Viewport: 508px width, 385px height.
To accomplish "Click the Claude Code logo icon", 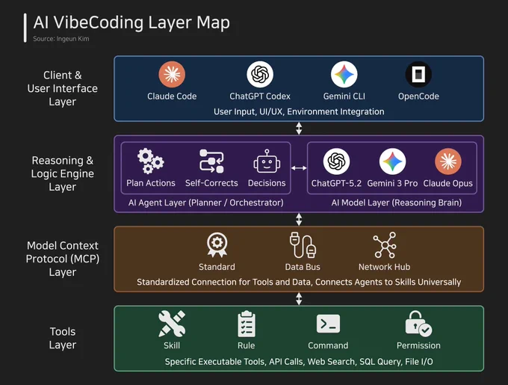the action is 172,74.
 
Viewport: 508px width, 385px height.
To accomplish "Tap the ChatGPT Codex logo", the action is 260,74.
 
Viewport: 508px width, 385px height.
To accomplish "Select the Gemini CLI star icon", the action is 344,74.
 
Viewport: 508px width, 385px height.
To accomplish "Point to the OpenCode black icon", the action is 418,74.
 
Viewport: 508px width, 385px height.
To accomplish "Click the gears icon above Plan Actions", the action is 150,161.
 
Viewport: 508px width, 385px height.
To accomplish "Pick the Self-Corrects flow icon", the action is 211,161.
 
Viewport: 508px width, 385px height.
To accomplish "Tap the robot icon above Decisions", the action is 267,161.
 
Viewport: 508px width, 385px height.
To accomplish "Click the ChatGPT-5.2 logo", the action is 336,161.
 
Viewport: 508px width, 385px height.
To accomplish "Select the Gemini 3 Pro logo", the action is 392,161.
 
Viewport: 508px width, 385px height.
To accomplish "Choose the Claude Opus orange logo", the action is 448,161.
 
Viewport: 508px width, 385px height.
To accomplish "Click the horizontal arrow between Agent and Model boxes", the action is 299,168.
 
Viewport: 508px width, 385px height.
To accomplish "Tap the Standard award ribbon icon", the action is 217,245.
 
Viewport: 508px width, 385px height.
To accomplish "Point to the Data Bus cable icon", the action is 303,245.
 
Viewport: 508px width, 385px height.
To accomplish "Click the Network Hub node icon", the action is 385,245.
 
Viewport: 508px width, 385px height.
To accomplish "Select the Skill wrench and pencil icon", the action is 172,324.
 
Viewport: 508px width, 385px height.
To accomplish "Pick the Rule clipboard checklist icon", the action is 247,324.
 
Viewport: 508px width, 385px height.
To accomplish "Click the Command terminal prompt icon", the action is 328,324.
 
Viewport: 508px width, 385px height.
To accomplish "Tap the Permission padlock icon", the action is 418,324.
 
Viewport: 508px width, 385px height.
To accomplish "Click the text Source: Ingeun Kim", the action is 61,39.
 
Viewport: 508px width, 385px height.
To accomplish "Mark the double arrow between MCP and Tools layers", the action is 299,299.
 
